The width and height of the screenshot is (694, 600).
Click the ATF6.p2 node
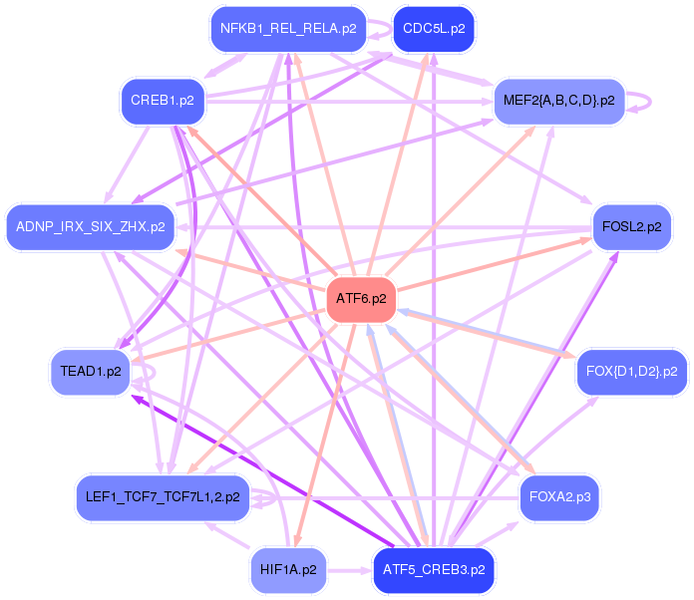point(361,299)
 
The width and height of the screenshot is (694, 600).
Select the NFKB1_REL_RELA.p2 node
point(288,29)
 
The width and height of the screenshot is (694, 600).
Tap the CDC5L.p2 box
point(434,29)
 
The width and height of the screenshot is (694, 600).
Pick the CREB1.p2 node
point(163,101)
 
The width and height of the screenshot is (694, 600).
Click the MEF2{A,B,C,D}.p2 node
point(559,101)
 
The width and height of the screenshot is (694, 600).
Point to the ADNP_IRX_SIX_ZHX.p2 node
point(91,227)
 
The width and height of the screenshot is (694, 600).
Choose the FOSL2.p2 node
point(631,227)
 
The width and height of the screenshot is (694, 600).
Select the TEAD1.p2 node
point(91,372)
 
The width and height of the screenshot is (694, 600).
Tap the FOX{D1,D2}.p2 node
point(631,372)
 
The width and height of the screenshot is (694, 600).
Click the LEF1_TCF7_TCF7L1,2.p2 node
point(163,497)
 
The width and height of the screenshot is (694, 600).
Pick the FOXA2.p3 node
point(559,497)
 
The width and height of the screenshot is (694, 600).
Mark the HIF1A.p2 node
point(288,570)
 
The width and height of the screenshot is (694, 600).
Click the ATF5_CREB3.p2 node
point(434,570)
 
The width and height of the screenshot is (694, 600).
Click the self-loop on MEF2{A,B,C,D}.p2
point(650,102)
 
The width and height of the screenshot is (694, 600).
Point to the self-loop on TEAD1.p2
point(154,373)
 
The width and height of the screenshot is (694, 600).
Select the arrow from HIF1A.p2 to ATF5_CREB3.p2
point(350,570)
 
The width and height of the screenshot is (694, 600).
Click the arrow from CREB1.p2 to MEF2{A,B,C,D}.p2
point(349,102)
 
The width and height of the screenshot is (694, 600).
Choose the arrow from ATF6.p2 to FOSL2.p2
point(495,264)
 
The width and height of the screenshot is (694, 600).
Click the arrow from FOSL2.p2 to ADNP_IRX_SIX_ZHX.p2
point(384,228)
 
